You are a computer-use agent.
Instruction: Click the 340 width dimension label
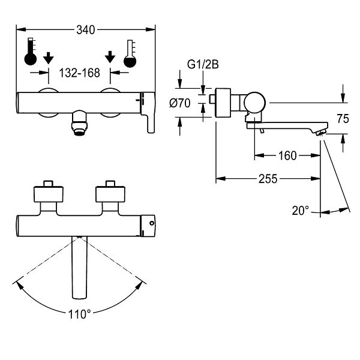[x=85, y=30]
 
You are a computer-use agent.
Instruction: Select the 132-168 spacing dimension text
[x=79, y=73]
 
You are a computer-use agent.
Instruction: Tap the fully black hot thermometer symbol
[x=31, y=52]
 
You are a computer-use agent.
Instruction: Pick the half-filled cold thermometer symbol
[x=130, y=54]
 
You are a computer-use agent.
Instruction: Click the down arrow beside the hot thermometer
[x=48, y=58]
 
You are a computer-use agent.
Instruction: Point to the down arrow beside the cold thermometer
[x=110, y=57]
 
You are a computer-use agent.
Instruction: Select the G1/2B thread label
[x=203, y=65]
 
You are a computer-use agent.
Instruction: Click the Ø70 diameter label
[x=180, y=103]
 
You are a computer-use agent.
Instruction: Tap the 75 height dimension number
[x=343, y=119]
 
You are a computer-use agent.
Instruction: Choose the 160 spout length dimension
[x=287, y=155]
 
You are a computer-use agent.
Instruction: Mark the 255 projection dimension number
[x=268, y=179]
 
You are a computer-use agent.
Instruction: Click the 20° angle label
[x=301, y=211]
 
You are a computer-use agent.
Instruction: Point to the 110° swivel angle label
[x=79, y=314]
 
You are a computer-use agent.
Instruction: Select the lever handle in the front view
[x=148, y=112]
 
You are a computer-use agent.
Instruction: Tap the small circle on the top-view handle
[x=152, y=223]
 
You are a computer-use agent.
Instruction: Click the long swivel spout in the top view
[x=79, y=268]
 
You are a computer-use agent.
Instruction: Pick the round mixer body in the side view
[x=254, y=103]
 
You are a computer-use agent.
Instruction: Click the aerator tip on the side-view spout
[x=320, y=133]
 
